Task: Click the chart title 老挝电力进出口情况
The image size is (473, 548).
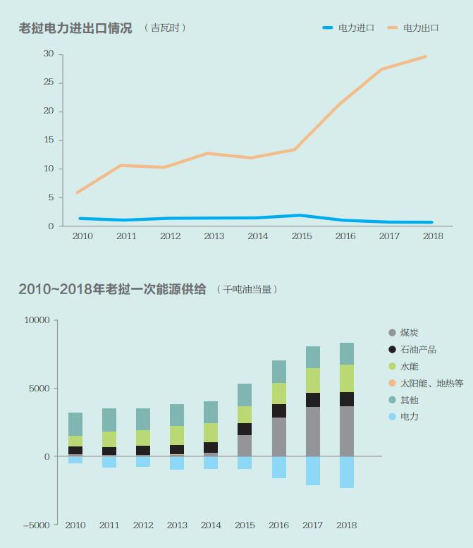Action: click(75, 28)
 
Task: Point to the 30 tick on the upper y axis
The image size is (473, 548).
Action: click(49, 54)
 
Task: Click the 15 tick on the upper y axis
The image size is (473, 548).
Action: click(49, 140)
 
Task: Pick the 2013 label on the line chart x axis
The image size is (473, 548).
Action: click(214, 236)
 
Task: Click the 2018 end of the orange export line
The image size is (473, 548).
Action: click(425, 56)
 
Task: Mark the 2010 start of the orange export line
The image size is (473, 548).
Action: click(77, 192)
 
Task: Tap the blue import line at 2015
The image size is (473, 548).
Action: click(301, 215)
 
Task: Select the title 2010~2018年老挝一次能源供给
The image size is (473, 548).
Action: click(112, 289)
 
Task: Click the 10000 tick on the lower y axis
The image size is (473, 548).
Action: click(37, 320)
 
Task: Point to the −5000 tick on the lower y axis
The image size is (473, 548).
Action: click(36, 525)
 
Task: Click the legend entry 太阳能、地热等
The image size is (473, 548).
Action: click(431, 383)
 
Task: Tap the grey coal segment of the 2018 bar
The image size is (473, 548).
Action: click(346, 431)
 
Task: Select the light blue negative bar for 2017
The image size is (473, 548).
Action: click(312, 470)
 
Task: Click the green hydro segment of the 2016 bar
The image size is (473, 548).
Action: click(278, 394)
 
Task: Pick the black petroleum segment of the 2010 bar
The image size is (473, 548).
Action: click(75, 450)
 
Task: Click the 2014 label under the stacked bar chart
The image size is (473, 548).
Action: click(211, 525)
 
